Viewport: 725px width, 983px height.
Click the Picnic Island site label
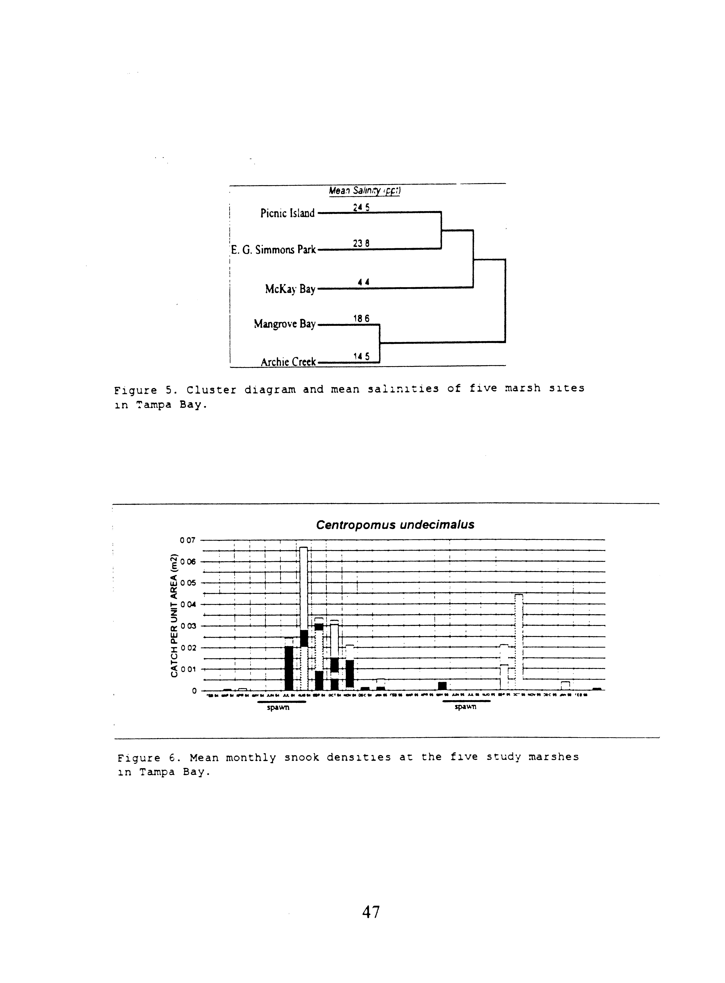(x=287, y=214)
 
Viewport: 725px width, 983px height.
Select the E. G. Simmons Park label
(x=273, y=250)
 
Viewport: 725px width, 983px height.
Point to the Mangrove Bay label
(x=285, y=324)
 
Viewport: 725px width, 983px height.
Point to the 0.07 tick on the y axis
(x=188, y=540)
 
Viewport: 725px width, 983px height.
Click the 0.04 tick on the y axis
(x=188, y=605)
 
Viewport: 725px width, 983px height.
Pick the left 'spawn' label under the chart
(x=278, y=708)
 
